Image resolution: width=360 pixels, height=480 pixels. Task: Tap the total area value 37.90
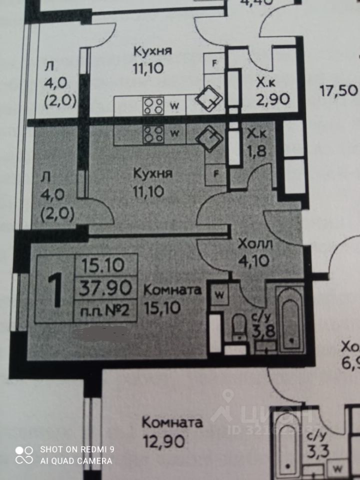106,287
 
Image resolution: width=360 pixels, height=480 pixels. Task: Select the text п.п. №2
106,310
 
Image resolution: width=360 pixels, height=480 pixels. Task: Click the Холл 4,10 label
255,252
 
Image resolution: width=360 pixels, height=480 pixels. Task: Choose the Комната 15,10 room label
172,297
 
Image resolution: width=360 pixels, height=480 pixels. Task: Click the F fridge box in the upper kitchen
215,63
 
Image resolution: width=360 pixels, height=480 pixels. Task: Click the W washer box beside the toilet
219,294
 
